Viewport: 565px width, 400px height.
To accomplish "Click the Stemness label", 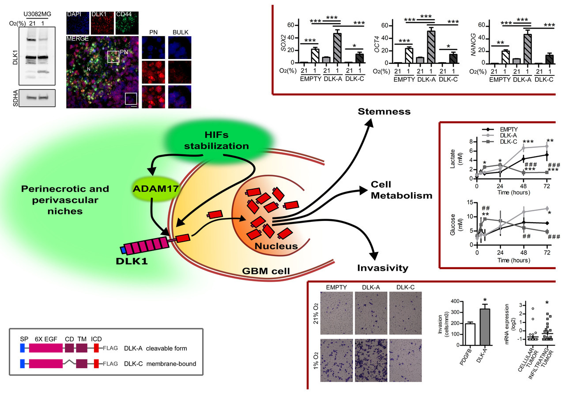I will tap(384, 112).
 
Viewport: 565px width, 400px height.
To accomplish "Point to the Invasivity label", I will tap(382, 268).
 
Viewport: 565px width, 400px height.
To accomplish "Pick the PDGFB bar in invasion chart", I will tap(469, 330).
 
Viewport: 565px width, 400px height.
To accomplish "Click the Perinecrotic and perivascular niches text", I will tap(65, 200).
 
